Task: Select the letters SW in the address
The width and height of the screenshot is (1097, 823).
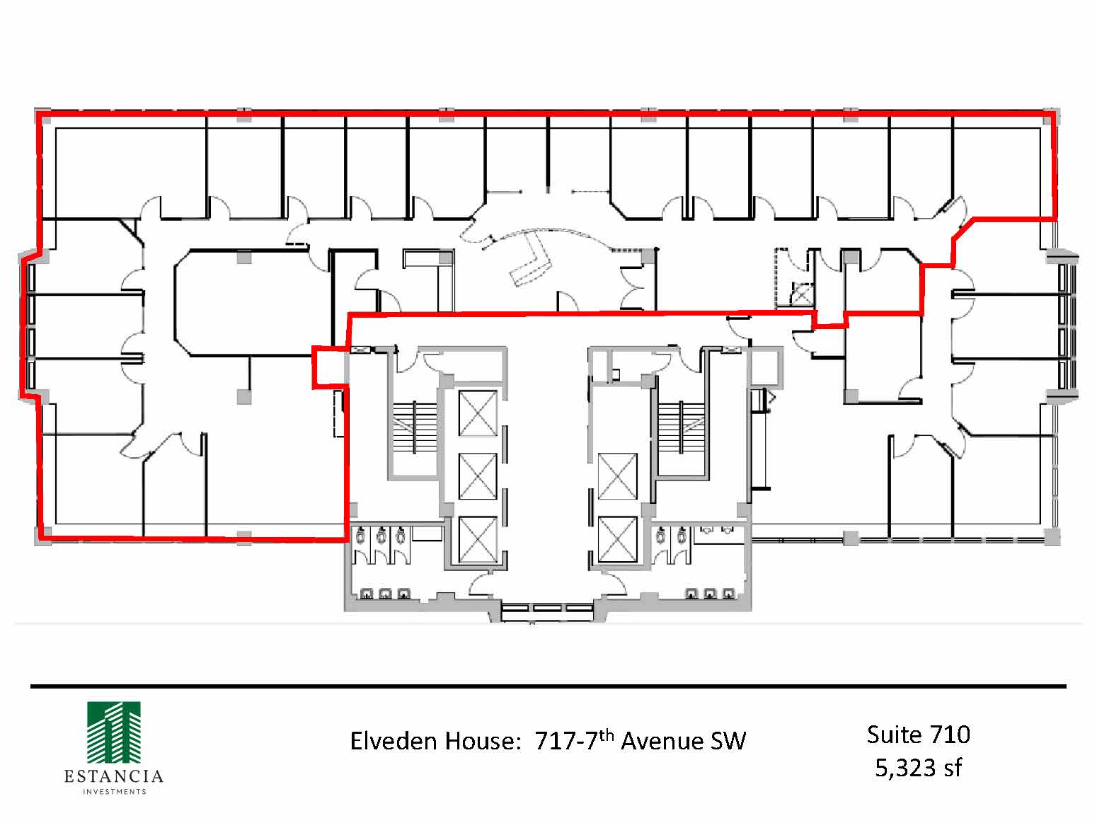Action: [x=729, y=741]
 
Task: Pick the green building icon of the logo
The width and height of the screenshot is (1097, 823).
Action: [x=113, y=733]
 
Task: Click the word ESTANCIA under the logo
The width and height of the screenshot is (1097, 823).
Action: [x=113, y=776]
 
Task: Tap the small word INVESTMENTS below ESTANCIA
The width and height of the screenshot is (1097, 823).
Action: [x=114, y=792]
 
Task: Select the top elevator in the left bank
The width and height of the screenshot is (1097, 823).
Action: [x=478, y=413]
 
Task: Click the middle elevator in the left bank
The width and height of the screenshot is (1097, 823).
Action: [x=478, y=476]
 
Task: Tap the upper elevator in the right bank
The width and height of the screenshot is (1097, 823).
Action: [x=617, y=476]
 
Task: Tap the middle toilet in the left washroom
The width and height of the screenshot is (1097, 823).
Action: [x=381, y=536]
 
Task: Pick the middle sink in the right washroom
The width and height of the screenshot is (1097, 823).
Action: [x=710, y=594]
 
